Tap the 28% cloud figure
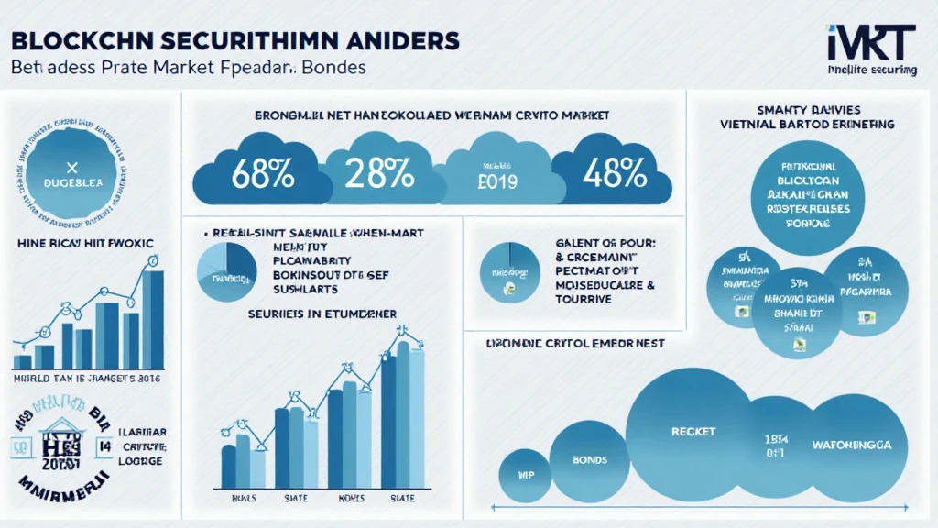tap(377, 171)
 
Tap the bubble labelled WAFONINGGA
tap(851, 445)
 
